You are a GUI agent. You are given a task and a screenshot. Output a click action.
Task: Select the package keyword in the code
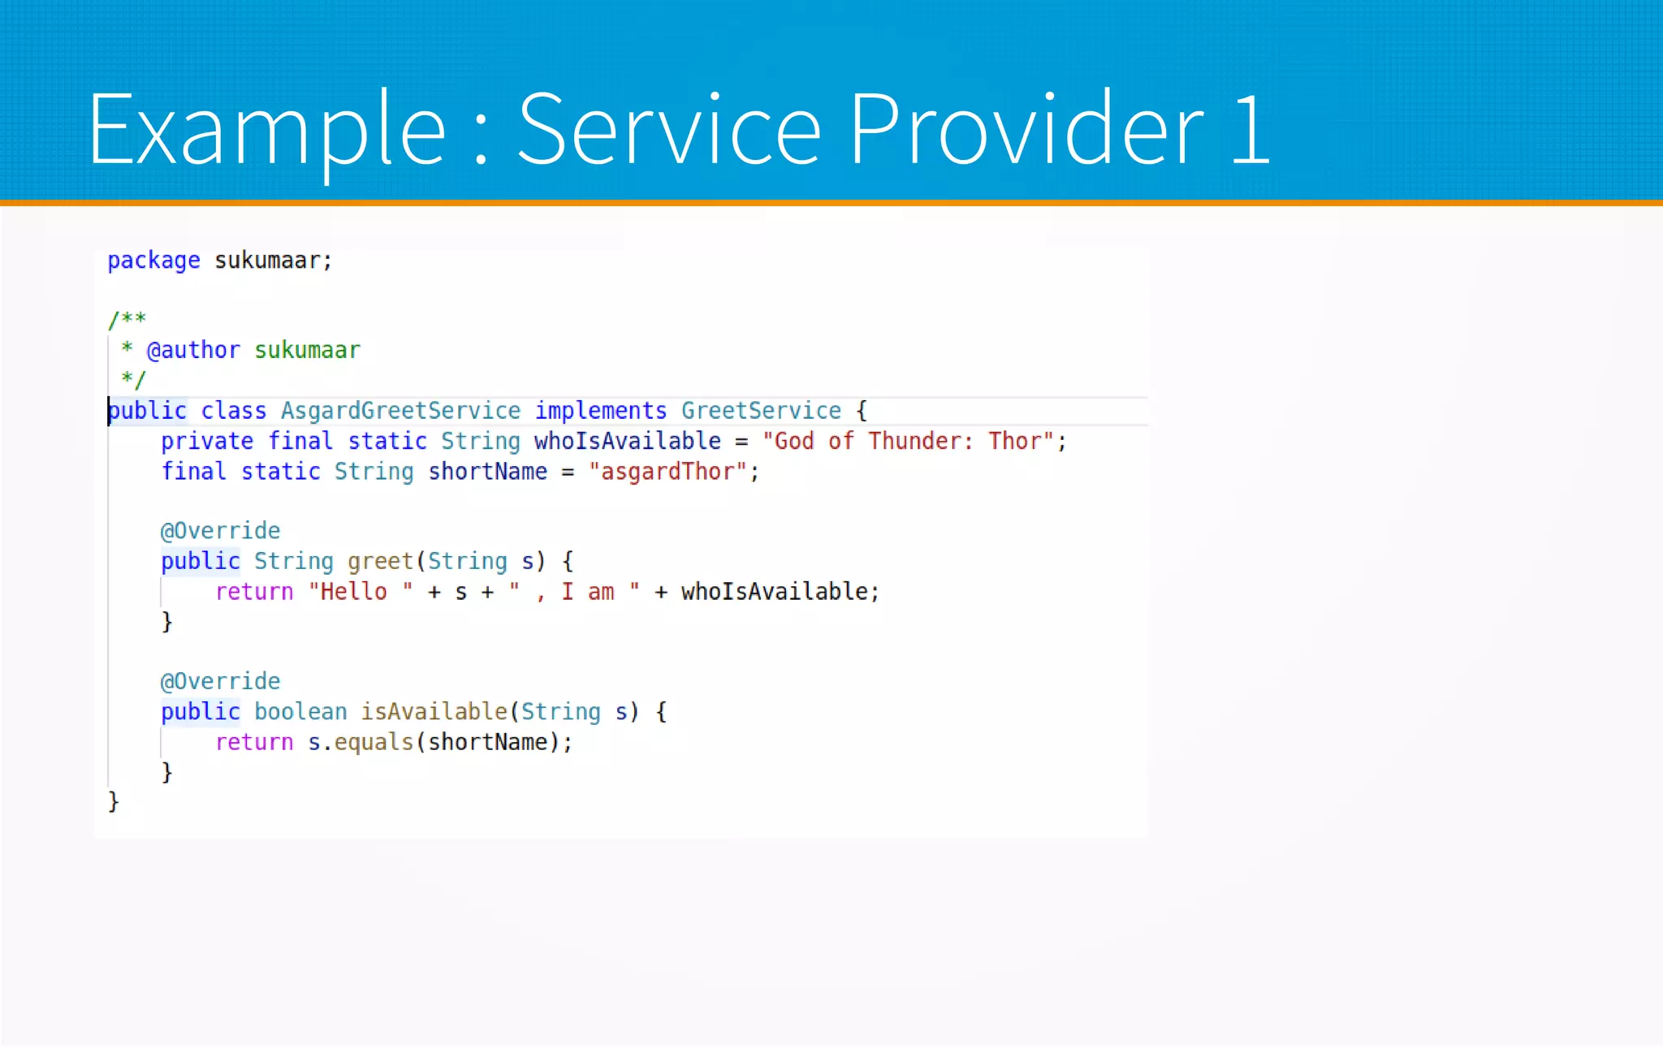click(153, 261)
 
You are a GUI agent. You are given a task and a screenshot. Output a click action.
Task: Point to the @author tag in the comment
click(193, 350)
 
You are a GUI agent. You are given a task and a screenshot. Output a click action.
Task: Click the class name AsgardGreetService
click(400, 411)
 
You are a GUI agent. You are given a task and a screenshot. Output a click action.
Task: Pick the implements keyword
click(600, 411)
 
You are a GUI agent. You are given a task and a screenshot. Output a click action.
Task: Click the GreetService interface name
click(761, 411)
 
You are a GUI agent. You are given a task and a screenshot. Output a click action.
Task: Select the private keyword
click(207, 442)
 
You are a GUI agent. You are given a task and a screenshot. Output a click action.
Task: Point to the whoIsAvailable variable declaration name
click(627, 442)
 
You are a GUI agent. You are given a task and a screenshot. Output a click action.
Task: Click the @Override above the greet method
click(220, 531)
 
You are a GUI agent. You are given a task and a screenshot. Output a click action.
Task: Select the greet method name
click(380, 562)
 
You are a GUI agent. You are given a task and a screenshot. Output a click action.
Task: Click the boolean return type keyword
click(300, 712)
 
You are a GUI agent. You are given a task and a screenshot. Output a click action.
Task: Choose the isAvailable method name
click(434, 712)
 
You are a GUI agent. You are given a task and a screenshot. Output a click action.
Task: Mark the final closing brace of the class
click(114, 802)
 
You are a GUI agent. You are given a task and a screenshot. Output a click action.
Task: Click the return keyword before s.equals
click(254, 743)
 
